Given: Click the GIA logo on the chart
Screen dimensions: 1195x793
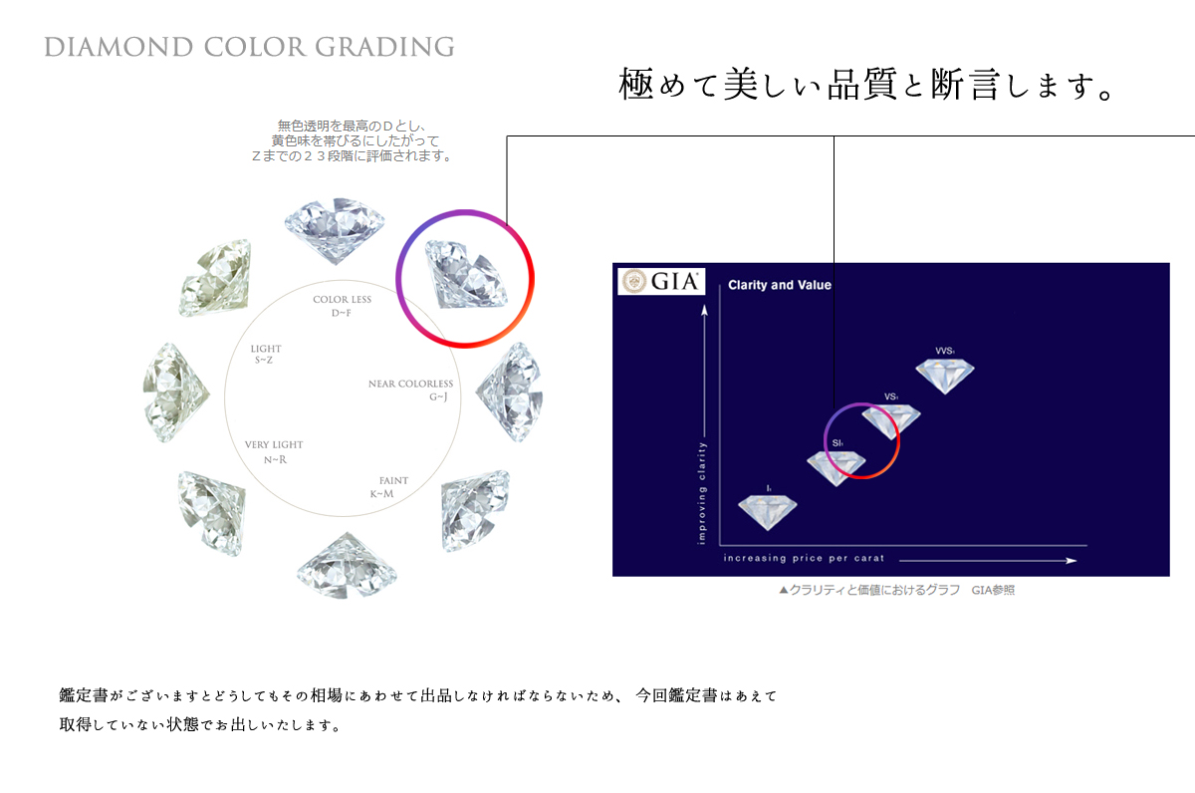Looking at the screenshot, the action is [x=661, y=281].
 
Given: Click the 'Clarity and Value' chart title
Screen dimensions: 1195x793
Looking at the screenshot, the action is [x=780, y=285].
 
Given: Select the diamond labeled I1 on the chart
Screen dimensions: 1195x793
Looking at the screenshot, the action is [x=767, y=512].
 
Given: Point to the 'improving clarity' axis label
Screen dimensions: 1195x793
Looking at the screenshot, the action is [x=701, y=493].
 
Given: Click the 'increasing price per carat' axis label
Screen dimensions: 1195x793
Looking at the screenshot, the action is [x=804, y=558].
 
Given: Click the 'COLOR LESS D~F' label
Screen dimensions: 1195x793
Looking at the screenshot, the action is [x=342, y=306].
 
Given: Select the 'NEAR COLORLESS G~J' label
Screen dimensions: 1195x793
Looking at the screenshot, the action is [x=410, y=391].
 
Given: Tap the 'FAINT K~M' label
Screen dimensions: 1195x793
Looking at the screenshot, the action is [x=389, y=487].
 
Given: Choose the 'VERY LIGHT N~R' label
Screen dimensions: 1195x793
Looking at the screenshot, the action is [x=274, y=452].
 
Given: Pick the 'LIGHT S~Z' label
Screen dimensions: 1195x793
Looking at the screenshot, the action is [x=266, y=354].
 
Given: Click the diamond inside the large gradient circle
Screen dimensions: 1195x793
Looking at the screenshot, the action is [x=466, y=274].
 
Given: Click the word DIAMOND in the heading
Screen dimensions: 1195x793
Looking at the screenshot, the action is [x=119, y=47].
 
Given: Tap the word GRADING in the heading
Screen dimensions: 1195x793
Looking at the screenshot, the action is [x=384, y=47].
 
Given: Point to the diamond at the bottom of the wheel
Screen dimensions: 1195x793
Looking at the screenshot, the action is [x=348, y=565].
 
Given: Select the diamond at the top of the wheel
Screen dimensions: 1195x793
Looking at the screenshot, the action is [x=335, y=230].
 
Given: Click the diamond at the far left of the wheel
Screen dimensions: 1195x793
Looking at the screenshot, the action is [x=176, y=393].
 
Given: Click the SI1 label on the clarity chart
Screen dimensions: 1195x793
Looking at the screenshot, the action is [x=837, y=443].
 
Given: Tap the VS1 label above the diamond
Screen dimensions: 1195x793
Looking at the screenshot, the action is [x=891, y=396].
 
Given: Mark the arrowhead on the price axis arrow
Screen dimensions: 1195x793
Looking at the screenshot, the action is [x=1072, y=560].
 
